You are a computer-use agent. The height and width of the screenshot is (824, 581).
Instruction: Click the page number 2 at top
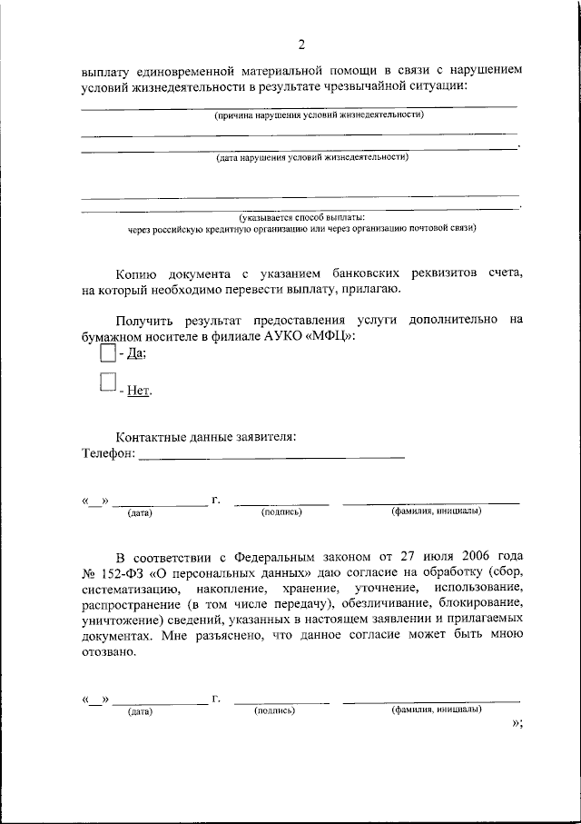tap(301, 45)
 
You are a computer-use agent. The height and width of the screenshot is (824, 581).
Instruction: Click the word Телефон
tap(106, 452)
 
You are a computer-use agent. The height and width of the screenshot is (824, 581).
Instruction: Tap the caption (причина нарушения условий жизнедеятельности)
tap(319, 115)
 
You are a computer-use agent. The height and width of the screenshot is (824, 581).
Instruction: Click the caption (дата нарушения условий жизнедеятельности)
tap(312, 157)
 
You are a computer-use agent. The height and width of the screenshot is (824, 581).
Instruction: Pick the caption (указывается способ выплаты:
tap(301, 217)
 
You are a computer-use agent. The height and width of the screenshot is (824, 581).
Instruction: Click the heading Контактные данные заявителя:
tap(206, 436)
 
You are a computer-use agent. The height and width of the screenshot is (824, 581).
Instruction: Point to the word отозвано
tap(107, 651)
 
